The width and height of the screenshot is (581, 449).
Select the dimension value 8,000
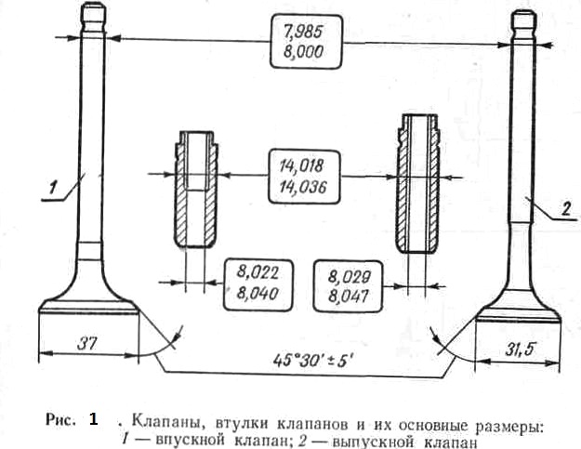[x=304, y=51]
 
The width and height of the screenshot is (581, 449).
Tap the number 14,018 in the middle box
[x=302, y=166]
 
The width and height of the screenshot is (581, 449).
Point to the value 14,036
[x=303, y=187]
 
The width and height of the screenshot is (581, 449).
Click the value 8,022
[x=257, y=273]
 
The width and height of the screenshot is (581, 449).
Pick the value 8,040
[x=257, y=294]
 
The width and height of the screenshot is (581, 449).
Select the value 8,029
[x=349, y=277]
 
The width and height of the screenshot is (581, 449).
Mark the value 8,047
[x=349, y=297]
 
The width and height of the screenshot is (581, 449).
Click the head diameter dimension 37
[x=87, y=344]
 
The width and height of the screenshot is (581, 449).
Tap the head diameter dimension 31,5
[x=521, y=349]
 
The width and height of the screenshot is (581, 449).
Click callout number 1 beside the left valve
[x=53, y=187]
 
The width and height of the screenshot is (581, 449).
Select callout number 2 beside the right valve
[x=565, y=209]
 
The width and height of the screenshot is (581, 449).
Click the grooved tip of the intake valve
[x=93, y=19]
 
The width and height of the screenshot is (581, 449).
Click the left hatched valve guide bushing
[x=195, y=190]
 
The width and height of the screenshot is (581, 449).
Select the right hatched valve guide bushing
[x=418, y=184]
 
